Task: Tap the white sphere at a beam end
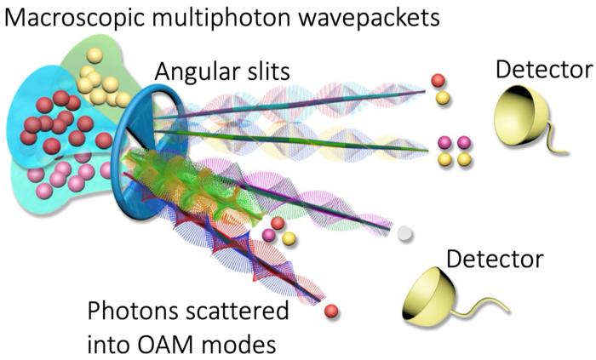point(406,231)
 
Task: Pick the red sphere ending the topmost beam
point(438,82)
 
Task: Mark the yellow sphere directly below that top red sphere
point(443,99)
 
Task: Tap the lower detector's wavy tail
point(489,300)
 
